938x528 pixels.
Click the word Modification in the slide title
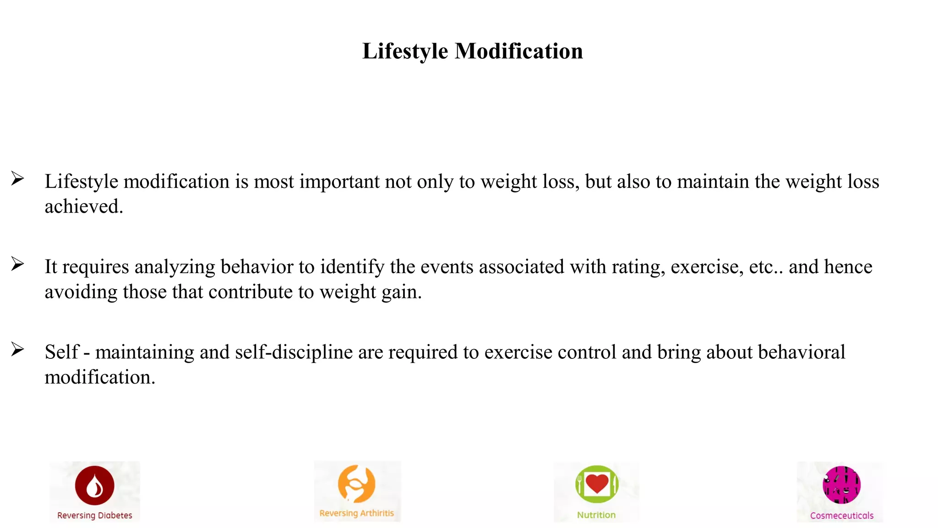518,51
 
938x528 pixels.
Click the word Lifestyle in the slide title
405,51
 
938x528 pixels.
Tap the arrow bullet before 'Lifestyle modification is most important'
17,178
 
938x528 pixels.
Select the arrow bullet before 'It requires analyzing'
17,264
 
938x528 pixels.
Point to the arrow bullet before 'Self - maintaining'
17,349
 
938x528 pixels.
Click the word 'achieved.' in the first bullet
84,207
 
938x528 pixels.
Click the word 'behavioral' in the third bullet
802,352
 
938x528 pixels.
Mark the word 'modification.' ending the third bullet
100,378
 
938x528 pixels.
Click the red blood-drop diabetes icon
95,485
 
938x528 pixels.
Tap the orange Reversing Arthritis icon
356,484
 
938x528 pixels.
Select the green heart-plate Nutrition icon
597,484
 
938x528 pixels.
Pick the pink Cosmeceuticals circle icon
841,485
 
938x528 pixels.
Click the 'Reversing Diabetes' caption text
95,516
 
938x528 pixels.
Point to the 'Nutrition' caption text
596,515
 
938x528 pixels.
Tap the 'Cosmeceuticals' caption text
841,516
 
